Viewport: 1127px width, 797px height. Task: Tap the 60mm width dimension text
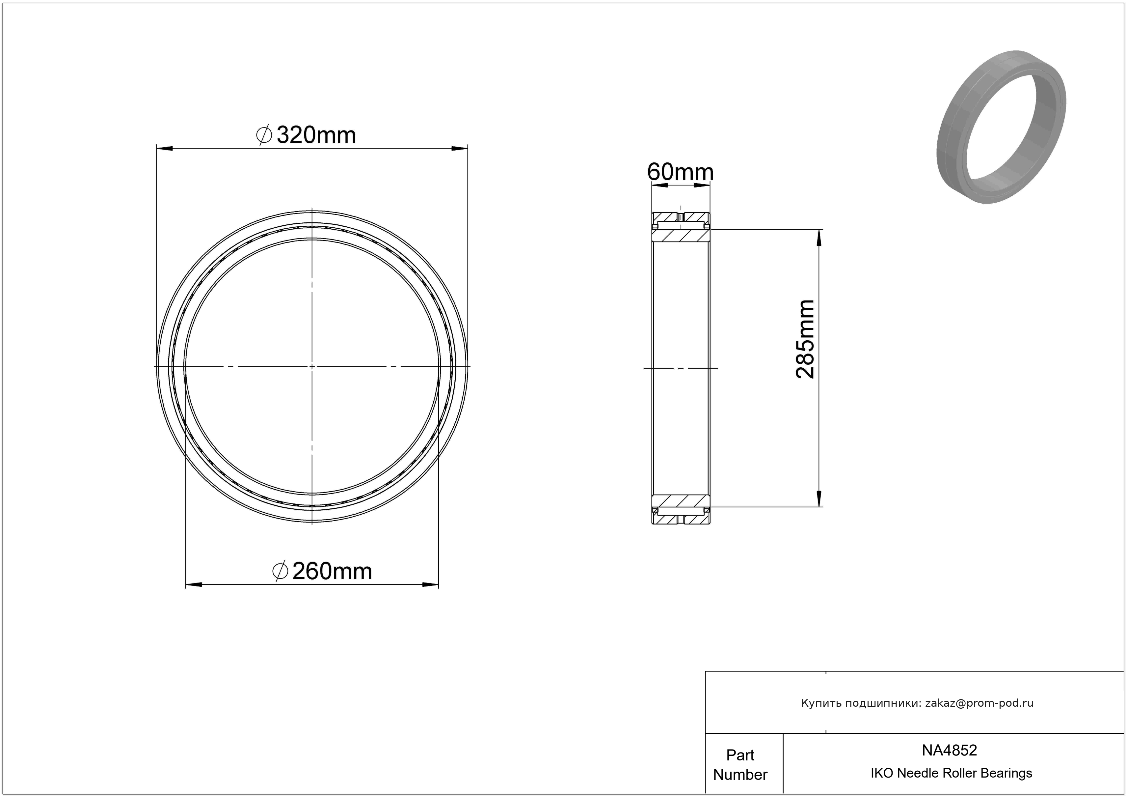[680, 172]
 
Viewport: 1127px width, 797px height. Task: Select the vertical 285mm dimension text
[805, 339]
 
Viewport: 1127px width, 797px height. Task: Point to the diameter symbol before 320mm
[264, 135]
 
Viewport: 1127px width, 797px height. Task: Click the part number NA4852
[949, 750]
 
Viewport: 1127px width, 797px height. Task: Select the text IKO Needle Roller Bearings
[951, 773]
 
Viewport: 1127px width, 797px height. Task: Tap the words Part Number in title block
[740, 765]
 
